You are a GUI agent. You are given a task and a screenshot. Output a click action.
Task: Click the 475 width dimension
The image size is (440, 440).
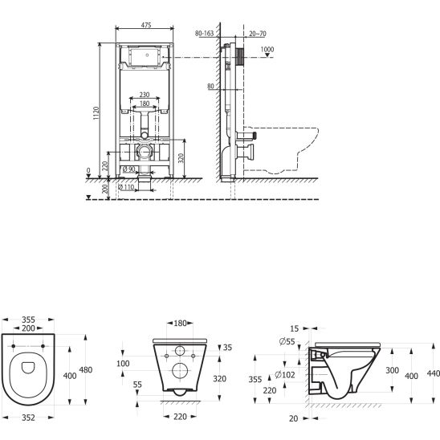point(146,25)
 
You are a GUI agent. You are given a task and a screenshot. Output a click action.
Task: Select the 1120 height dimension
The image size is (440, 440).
point(96,113)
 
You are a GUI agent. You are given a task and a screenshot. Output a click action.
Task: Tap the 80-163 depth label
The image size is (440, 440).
point(204,34)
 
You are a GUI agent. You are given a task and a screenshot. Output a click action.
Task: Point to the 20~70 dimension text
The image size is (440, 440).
point(258,34)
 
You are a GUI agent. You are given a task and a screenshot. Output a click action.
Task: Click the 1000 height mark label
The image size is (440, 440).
point(267,50)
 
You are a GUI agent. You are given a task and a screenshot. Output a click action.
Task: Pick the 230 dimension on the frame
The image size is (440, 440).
point(145,95)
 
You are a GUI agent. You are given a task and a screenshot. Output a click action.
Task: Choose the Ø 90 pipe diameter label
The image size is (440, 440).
point(129,169)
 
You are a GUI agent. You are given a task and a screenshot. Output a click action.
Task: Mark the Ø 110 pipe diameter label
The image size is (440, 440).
point(126,187)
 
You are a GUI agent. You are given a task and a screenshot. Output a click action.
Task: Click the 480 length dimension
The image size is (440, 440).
point(86,370)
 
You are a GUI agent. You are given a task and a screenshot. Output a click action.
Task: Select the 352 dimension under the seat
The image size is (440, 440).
point(28,418)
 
